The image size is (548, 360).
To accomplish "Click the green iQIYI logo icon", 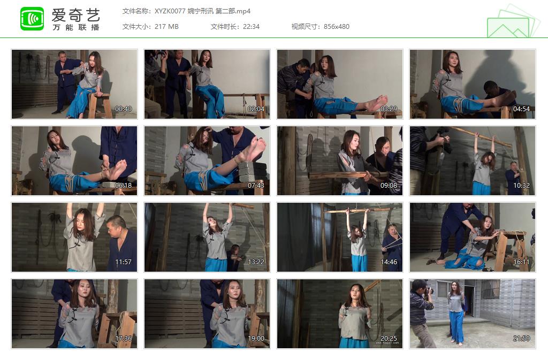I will (32, 19).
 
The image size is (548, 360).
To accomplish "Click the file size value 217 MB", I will (166, 26).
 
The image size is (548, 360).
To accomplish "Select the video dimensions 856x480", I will (337, 26).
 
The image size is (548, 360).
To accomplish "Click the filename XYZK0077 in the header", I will (170, 11).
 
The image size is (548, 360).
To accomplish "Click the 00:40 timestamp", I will (123, 109).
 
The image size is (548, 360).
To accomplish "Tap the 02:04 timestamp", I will (256, 109).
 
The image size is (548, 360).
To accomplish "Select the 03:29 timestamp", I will (389, 109).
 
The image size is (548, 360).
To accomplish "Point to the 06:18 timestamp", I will (123, 186).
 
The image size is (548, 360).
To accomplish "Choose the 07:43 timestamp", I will (256, 186).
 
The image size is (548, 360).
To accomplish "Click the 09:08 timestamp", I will (389, 186).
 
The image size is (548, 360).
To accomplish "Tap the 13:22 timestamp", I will (256, 262).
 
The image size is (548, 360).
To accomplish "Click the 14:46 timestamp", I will (389, 262).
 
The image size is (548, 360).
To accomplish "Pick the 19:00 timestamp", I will (256, 339).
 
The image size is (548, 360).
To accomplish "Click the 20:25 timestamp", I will (389, 339).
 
